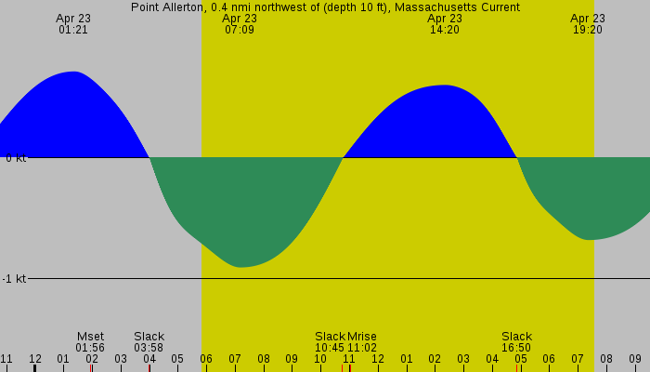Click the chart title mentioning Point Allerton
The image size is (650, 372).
click(x=325, y=7)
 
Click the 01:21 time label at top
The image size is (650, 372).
click(x=72, y=24)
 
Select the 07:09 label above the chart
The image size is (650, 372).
click(x=240, y=24)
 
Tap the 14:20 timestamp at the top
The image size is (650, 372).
click(x=445, y=24)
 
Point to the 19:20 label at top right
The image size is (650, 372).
click(x=588, y=24)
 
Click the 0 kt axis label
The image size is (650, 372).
click(x=15, y=158)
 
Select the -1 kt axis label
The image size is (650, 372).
click(x=15, y=279)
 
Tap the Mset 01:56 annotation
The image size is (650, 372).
click(x=90, y=342)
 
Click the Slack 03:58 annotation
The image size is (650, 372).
click(x=149, y=342)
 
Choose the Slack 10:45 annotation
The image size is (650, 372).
click(x=330, y=342)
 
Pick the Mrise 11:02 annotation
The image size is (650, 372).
click(x=362, y=342)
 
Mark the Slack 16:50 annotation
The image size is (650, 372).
click(x=516, y=342)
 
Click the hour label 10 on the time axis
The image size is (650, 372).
click(x=320, y=359)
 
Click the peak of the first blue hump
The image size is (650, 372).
click(x=73, y=72)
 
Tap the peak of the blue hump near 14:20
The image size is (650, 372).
click(x=445, y=86)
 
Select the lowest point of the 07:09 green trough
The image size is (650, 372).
click(x=240, y=267)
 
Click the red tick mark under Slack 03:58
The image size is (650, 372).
click(x=149, y=368)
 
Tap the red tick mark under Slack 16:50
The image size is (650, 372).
click(x=516, y=368)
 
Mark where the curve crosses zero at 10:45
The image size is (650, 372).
click(x=343, y=158)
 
